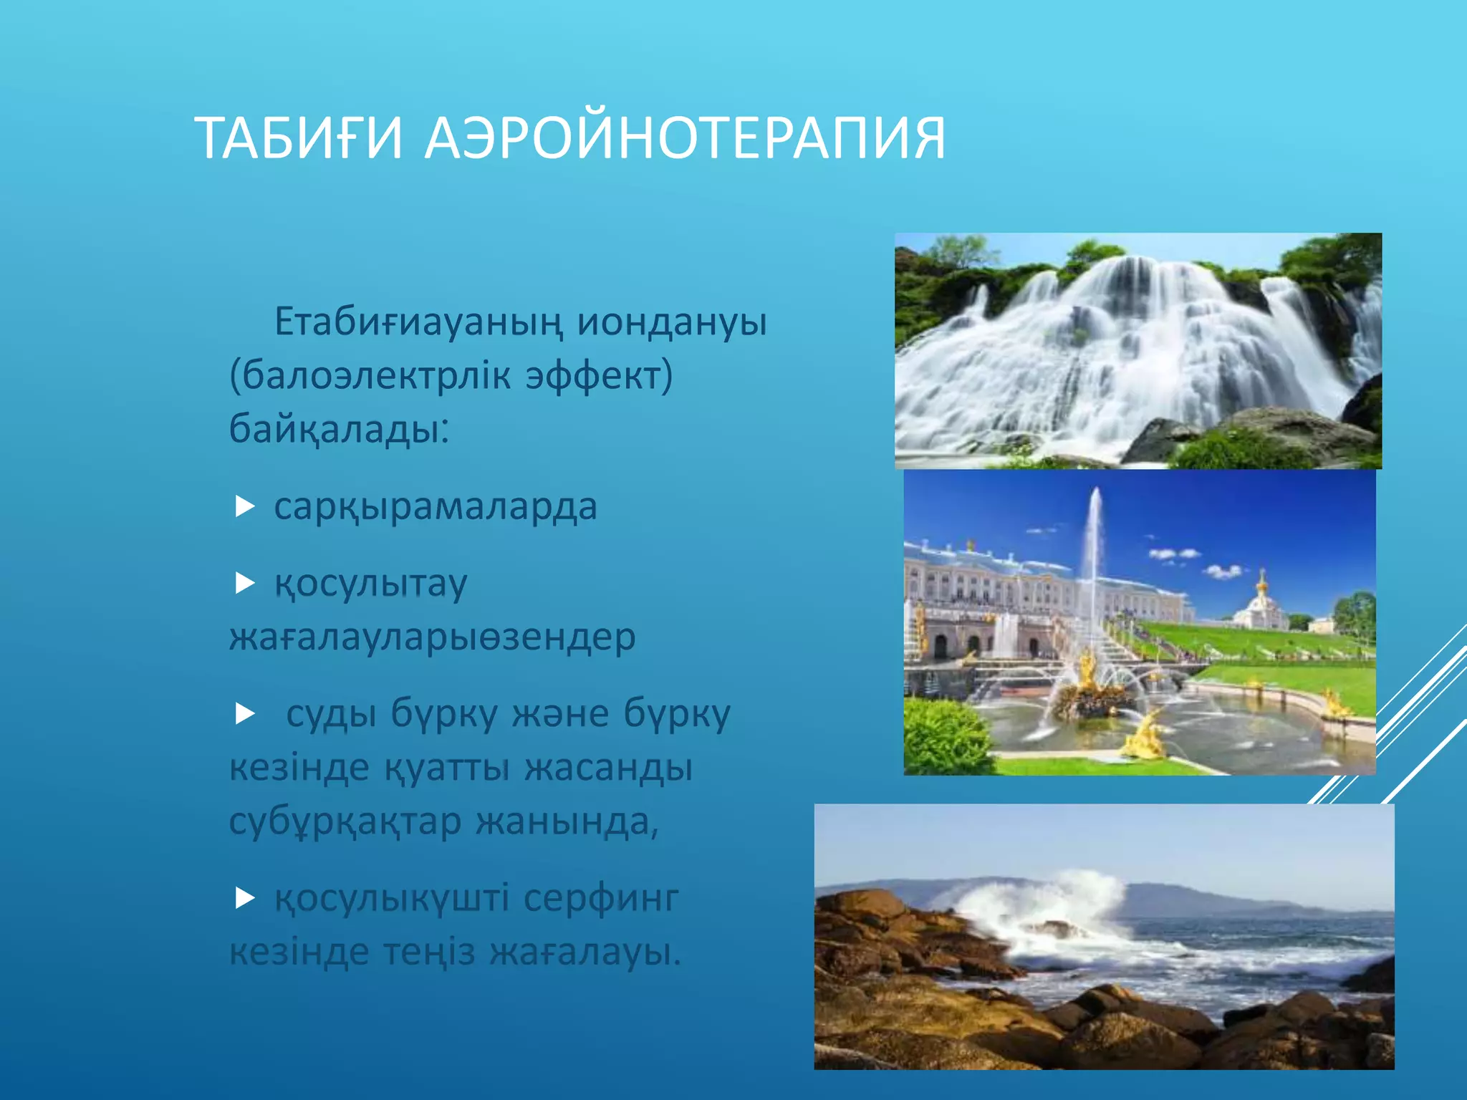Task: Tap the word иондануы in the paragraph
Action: (x=672, y=322)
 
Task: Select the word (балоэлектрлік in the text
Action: (x=370, y=375)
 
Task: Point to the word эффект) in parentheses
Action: (x=599, y=375)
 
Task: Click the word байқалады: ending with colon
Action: (x=339, y=430)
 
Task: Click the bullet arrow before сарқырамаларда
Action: (x=245, y=507)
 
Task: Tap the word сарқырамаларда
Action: (x=436, y=507)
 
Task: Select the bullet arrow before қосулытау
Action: (x=245, y=584)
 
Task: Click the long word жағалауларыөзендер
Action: (x=433, y=637)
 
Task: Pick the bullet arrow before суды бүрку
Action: (x=245, y=713)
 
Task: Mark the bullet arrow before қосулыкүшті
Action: (x=245, y=898)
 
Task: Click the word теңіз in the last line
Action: (x=428, y=952)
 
